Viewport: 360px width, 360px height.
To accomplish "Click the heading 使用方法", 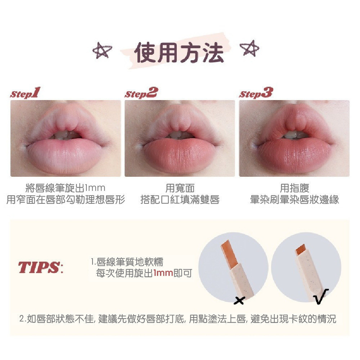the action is pyautogui.click(x=179, y=53).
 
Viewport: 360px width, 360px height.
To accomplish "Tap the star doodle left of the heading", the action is pyautogui.click(x=102, y=50).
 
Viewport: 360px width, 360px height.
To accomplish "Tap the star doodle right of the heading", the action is pyautogui.click(x=249, y=48).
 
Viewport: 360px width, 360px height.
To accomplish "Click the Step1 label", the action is pyautogui.click(x=25, y=93).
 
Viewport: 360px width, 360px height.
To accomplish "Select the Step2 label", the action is pyautogui.click(x=141, y=93).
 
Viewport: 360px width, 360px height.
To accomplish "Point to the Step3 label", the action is pyautogui.click(x=256, y=93).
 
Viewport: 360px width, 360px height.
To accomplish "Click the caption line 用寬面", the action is pyautogui.click(x=180, y=188).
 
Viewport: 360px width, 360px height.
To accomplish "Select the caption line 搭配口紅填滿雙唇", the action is pyautogui.click(x=180, y=199).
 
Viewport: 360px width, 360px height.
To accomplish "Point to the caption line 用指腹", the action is pyautogui.click(x=294, y=188).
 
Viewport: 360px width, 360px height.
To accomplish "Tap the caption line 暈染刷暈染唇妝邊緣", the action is pyautogui.click(x=294, y=199).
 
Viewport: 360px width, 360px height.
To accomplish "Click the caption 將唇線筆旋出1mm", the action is pyautogui.click(x=66, y=188).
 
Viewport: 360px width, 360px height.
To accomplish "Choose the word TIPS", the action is pyautogui.click(x=39, y=267).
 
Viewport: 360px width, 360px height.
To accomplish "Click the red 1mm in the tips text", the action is pyautogui.click(x=163, y=273).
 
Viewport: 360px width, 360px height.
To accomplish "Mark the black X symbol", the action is pyautogui.click(x=239, y=300).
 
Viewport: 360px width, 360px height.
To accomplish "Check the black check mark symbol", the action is pyautogui.click(x=321, y=296).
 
